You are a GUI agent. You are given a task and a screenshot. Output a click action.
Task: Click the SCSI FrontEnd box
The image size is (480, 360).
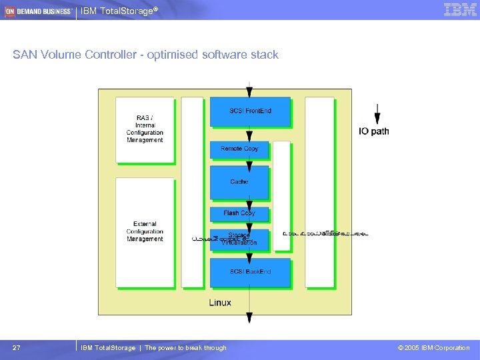250,111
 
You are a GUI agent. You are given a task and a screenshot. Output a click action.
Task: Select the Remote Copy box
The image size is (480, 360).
239,149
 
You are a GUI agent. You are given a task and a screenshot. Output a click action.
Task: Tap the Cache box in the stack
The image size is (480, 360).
239,182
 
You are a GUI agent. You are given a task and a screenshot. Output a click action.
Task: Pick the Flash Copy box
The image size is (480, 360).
239,213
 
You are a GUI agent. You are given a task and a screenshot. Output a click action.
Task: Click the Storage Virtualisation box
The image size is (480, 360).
239,239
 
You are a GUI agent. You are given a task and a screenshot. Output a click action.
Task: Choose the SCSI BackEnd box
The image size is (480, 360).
250,272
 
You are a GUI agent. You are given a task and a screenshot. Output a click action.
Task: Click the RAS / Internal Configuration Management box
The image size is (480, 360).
145,129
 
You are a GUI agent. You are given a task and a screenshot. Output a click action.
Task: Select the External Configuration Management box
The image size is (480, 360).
145,231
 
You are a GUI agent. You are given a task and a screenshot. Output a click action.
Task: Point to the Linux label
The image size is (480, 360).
221,303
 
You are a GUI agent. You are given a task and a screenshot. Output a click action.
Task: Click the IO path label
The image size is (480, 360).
374,131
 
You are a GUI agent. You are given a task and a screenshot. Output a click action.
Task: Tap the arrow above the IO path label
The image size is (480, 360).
377,113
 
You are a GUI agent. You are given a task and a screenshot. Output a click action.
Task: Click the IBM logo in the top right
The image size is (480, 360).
460,10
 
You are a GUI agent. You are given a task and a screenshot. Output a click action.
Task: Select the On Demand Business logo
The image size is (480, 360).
38,11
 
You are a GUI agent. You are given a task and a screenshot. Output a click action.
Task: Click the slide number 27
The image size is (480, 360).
17,348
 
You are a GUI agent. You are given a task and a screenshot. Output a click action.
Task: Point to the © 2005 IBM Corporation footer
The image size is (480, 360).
433,348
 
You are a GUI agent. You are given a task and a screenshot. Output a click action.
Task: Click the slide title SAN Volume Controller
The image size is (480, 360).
145,55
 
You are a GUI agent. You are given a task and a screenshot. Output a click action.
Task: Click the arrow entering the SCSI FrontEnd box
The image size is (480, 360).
249,90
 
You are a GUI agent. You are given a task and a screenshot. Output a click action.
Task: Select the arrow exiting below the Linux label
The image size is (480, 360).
250,319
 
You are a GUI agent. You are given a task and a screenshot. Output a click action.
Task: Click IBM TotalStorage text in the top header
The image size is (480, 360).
119,11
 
